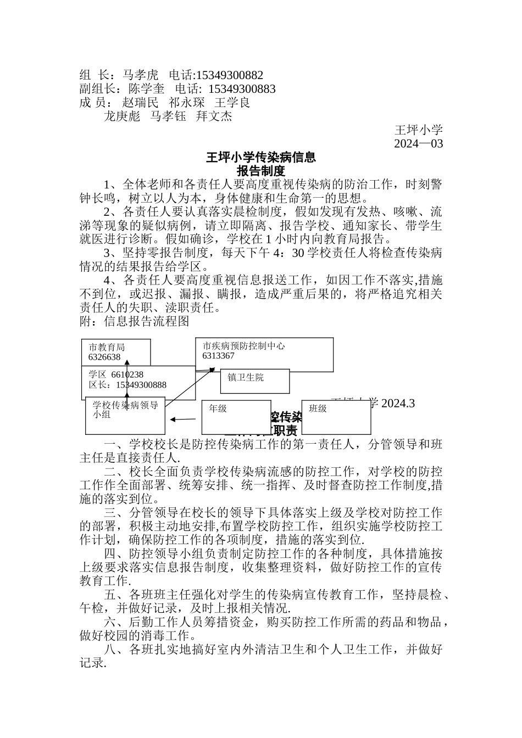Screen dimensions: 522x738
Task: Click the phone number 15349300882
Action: (x=230, y=75)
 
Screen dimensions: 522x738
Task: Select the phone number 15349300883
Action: (x=242, y=89)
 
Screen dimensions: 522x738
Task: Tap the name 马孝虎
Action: (x=140, y=75)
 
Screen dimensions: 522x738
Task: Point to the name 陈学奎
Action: (x=146, y=89)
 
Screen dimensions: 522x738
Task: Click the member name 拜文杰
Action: (x=214, y=116)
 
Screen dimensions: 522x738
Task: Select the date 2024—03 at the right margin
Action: (x=418, y=144)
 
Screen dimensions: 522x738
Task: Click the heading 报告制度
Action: (x=261, y=171)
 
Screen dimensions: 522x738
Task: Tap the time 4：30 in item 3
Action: (x=290, y=253)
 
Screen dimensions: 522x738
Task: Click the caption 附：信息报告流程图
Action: (x=134, y=321)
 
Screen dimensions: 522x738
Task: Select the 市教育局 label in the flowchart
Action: (x=107, y=348)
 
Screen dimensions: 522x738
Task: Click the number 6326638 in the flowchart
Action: (x=104, y=357)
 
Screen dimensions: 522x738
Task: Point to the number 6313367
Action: (x=218, y=356)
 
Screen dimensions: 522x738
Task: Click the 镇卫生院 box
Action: (x=254, y=381)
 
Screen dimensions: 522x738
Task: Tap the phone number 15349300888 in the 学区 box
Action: (x=141, y=385)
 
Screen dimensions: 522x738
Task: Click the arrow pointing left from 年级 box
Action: (x=183, y=420)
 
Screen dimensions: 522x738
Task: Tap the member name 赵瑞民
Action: (x=140, y=103)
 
